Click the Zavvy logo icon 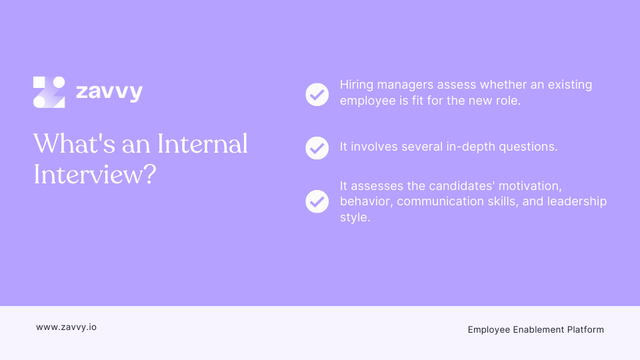pos(49,92)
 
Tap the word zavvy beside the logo pos(109,91)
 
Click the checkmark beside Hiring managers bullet pos(317,94)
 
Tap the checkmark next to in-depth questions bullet pos(317,147)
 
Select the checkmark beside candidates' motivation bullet pos(317,201)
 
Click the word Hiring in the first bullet pos(357,85)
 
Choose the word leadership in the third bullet pos(577,201)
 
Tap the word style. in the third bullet pos(355,217)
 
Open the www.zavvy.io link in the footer pos(66,327)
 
